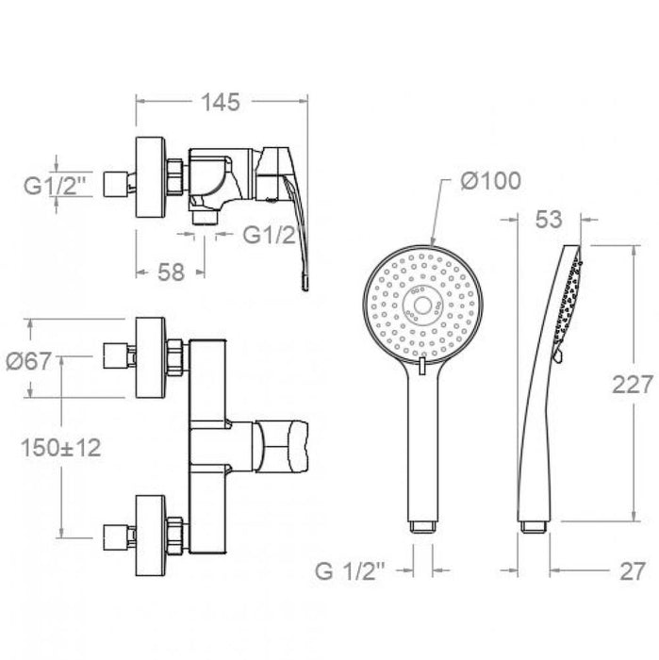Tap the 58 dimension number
click(x=170, y=272)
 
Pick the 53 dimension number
click(x=550, y=220)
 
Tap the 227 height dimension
click(x=633, y=385)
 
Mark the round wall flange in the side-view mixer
click(x=151, y=179)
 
